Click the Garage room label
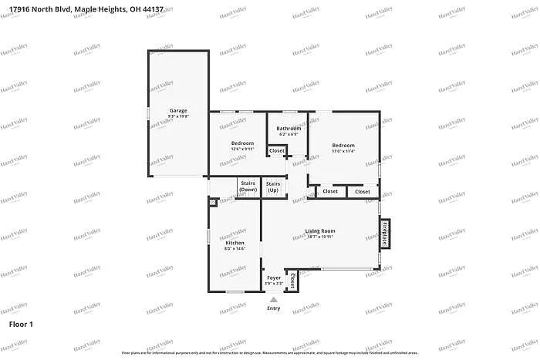(x=178, y=110)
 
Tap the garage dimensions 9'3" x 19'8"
(x=178, y=116)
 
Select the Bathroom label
(x=289, y=128)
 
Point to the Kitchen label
(x=235, y=242)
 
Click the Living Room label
(x=320, y=231)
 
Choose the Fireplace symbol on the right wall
(x=383, y=234)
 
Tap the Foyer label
(x=274, y=278)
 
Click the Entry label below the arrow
(x=274, y=308)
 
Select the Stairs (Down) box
(x=248, y=187)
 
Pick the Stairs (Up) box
(x=273, y=187)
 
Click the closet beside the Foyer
(x=293, y=281)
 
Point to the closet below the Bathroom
(x=277, y=150)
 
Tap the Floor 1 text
(x=21, y=325)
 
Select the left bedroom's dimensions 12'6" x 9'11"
(x=243, y=150)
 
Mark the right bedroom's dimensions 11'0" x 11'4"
(x=343, y=151)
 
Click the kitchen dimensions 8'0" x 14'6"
(x=235, y=248)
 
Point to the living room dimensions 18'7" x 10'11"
(x=320, y=237)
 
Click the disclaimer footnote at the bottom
(x=270, y=352)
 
